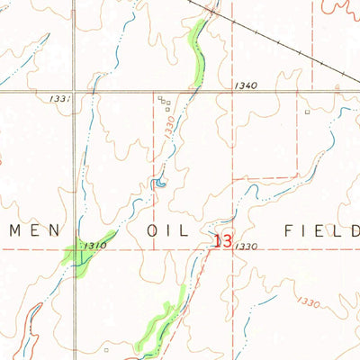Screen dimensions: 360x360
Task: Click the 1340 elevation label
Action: point(245,86)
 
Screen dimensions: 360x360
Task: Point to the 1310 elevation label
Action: point(98,246)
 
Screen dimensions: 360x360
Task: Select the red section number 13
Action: point(225,242)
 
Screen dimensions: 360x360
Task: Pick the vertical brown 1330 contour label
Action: point(170,128)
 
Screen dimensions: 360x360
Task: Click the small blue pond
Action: point(159,184)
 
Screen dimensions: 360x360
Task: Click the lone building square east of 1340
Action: point(307,112)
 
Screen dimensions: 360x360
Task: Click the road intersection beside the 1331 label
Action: point(76,92)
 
